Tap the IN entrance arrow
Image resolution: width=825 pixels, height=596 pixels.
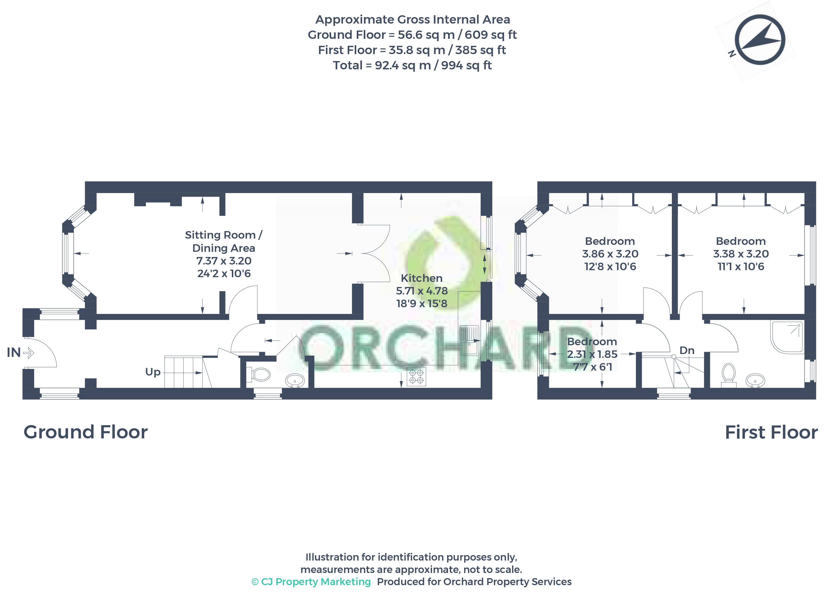click(x=28, y=352)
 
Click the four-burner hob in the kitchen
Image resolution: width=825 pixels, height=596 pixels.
click(x=416, y=376)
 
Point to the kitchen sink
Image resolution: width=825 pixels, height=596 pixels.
click(x=469, y=340)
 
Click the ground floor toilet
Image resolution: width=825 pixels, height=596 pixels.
click(x=258, y=374)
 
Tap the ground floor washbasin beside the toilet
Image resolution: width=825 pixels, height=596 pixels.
click(x=295, y=381)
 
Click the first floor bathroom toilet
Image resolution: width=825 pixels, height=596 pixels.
click(x=729, y=375)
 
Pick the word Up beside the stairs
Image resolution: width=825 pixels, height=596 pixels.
click(x=153, y=372)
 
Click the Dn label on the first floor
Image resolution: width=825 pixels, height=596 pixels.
click(x=687, y=350)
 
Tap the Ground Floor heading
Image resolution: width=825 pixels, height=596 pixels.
click(x=85, y=432)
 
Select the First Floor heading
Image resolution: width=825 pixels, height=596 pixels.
click(x=771, y=432)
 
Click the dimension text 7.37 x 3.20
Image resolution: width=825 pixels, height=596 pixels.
click(x=224, y=261)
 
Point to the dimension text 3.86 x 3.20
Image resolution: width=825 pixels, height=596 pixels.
click(x=610, y=254)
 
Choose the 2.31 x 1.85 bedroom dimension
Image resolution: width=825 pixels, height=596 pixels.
click(x=592, y=354)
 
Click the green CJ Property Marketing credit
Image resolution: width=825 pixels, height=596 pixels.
click(x=311, y=582)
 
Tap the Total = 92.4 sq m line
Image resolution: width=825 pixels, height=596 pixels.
click(x=412, y=65)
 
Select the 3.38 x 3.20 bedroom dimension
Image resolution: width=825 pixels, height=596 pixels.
click(x=741, y=254)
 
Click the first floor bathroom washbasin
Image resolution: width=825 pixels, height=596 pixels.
click(x=755, y=381)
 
